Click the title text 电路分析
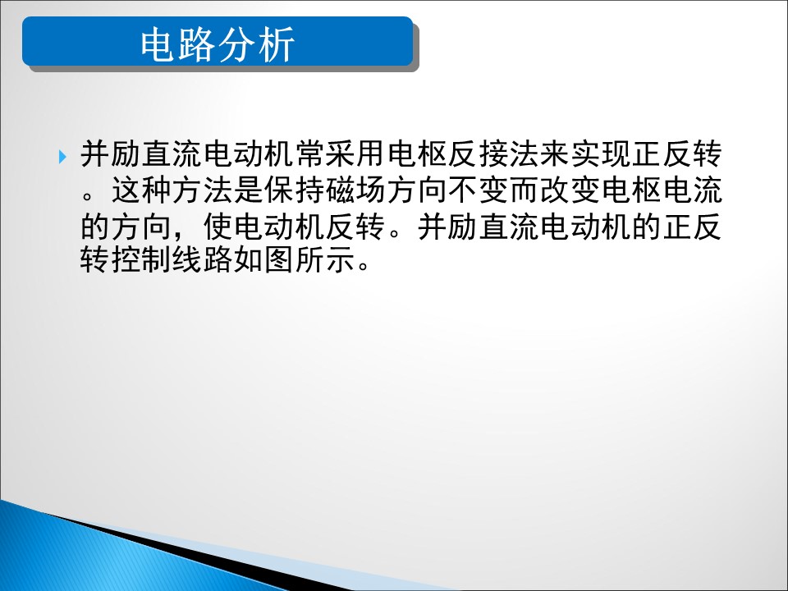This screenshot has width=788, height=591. click(217, 44)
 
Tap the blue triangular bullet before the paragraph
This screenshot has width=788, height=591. click(62, 157)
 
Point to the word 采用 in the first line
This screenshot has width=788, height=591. click(355, 153)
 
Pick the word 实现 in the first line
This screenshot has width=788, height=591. click(601, 153)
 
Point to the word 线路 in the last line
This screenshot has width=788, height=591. click(202, 259)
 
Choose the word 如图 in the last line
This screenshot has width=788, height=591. click(263, 259)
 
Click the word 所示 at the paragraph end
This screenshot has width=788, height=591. click(325, 259)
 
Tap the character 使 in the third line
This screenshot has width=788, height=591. click(218, 227)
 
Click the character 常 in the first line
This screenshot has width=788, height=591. click(309, 153)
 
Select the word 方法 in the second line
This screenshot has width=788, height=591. click(202, 190)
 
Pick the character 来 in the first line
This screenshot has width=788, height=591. click(555, 153)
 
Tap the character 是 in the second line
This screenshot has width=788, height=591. click(248, 190)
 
